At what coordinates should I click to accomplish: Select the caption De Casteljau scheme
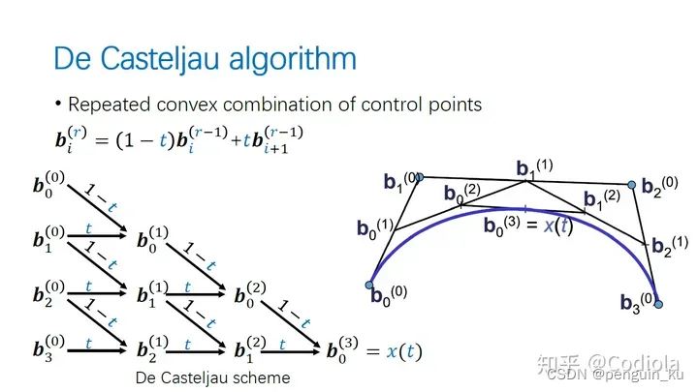(212, 377)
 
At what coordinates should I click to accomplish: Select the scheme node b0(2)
(249, 295)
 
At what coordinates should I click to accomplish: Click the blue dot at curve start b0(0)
(368, 285)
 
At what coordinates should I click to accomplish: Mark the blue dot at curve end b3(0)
(658, 304)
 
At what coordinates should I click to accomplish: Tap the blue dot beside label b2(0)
(631, 185)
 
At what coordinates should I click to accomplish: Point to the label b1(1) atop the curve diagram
(533, 168)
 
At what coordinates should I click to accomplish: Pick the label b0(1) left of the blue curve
(374, 229)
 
